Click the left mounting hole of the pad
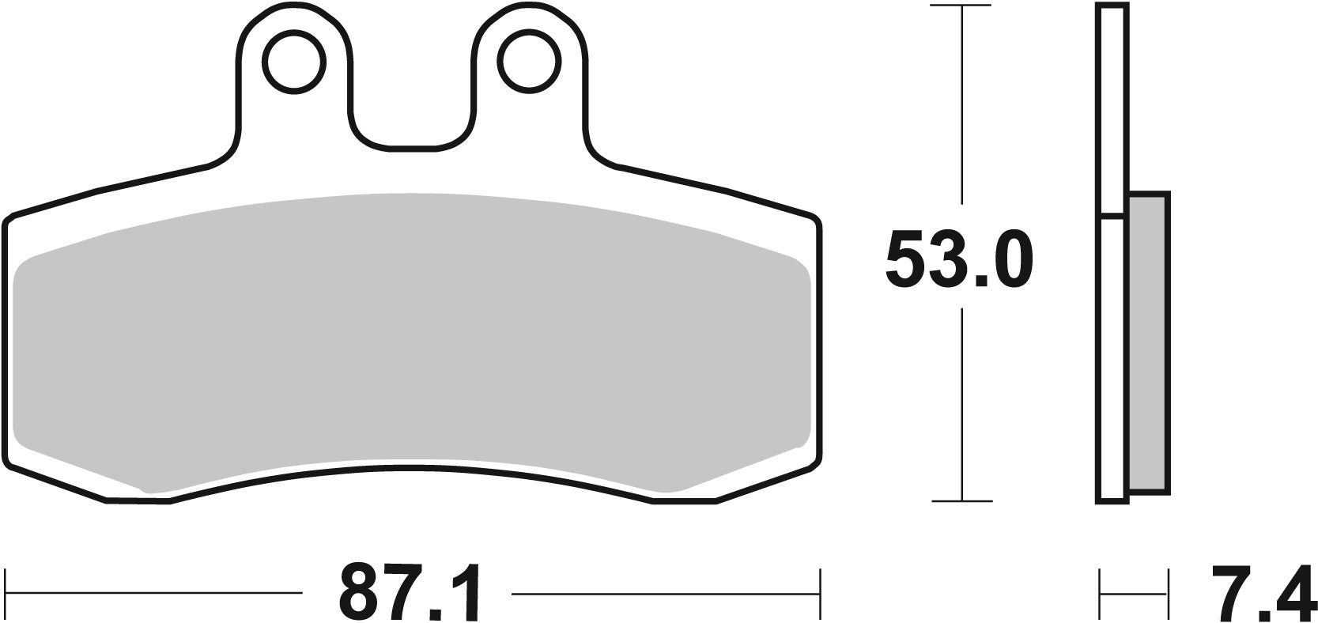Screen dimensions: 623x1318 [x=295, y=62]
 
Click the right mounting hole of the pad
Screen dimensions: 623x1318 [x=526, y=62]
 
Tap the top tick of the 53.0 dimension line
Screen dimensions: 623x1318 [x=961, y=6]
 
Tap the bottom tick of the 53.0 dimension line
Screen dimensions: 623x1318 [x=961, y=500]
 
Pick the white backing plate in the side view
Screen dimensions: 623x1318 [x=1112, y=356]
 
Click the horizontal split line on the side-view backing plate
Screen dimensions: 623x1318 [x=1112, y=214]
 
